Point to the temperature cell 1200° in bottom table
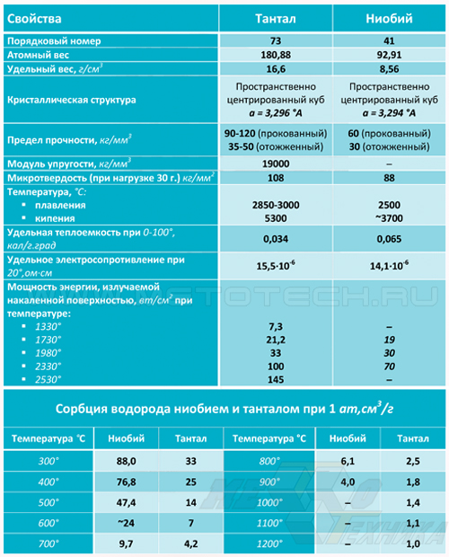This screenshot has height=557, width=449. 269,544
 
